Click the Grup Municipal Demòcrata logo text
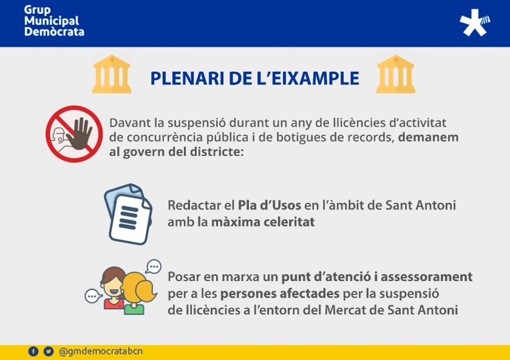pos(54,21)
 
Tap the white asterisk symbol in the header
pos(474,22)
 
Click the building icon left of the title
pos(112,74)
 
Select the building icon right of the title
pos(395,74)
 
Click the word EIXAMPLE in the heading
pos(308,78)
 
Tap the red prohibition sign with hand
pos(74,134)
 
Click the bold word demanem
pos(429,137)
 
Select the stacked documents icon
pos(128,214)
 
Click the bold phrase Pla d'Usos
pos(270,205)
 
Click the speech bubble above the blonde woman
pos(153,267)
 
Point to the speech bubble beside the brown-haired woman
pos(93,296)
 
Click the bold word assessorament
pos(426,277)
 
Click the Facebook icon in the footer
pos(33,352)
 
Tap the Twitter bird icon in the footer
pos(49,352)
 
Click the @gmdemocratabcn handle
pos(101,352)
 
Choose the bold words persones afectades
pos(280,294)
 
